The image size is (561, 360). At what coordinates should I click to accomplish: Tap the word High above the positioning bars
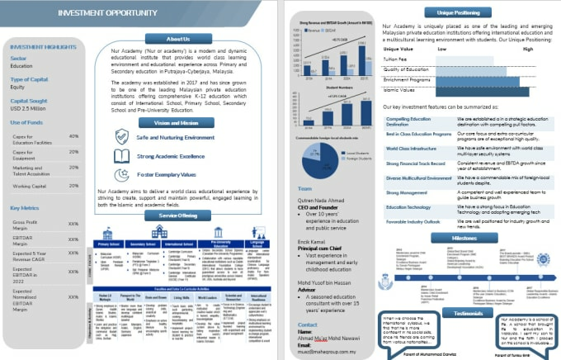[x=528, y=50]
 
